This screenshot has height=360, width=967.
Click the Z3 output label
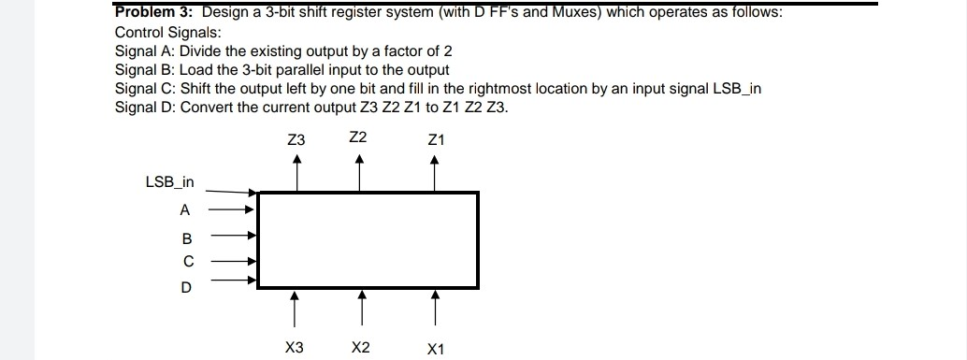click(x=296, y=140)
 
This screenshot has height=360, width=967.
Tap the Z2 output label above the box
click(x=357, y=137)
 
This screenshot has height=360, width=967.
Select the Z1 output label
click(x=435, y=140)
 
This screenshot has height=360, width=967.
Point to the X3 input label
click(x=294, y=348)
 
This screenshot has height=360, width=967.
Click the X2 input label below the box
click(x=360, y=348)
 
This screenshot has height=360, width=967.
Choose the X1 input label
click(x=435, y=350)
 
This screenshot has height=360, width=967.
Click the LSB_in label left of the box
click(x=169, y=181)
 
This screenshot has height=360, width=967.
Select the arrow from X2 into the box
click(x=361, y=307)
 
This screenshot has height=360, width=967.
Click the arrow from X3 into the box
click(x=296, y=307)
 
